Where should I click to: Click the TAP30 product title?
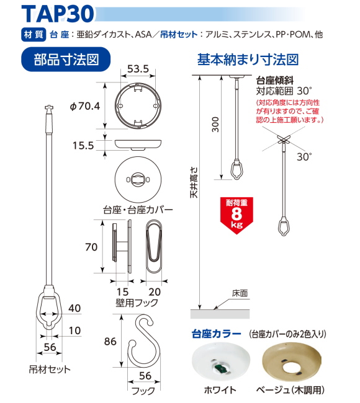58,14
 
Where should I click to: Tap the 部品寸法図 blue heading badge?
66,60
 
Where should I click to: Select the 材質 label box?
34,35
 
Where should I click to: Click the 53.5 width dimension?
138,69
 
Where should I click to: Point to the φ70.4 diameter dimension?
85,106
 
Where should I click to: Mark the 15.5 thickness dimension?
83,146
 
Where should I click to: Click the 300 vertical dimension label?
215,125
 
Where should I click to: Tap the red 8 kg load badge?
236,215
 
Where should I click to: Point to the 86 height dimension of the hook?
110,342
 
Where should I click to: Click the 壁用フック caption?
137,303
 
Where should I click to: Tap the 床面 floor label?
240,293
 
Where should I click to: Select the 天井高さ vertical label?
194,182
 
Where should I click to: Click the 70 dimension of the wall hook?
91,247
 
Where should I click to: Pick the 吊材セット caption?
50,370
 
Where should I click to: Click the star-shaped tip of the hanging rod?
48,108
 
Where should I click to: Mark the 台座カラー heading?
217,334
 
